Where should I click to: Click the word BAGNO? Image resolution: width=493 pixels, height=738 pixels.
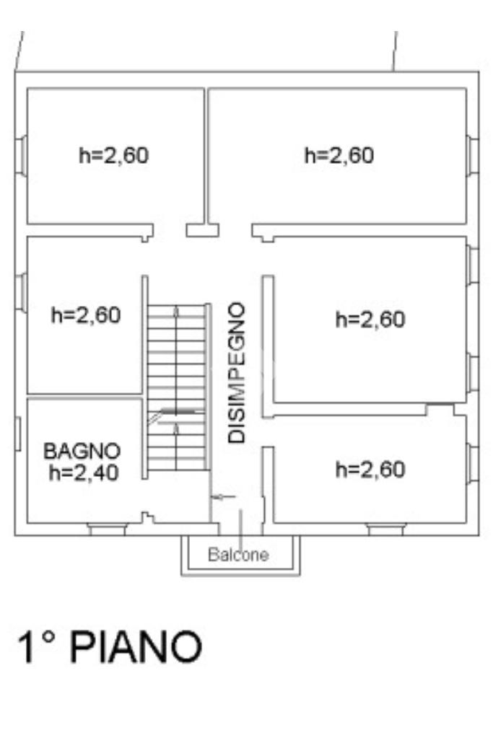pos(82,452)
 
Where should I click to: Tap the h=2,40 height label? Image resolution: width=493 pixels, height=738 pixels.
pos(84,473)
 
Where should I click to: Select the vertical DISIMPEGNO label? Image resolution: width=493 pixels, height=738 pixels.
pos(236,373)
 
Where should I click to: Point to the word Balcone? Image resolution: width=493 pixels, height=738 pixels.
pos(238,555)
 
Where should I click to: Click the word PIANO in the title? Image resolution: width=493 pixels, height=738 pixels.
pos(136,647)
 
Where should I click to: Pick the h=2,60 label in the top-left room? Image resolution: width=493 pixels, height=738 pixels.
pos(114,155)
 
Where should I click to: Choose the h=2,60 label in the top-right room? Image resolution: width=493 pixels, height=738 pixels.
pos(339,155)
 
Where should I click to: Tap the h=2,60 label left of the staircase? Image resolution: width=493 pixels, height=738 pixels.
pos(86,315)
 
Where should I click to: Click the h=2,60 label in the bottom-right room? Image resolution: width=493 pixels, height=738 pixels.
pos(370,469)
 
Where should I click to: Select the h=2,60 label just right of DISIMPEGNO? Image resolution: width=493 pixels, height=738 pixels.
pos(370,320)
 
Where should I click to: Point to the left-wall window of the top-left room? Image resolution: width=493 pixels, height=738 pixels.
pos(21,156)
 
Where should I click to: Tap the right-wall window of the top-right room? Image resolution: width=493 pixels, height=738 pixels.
pos(473,156)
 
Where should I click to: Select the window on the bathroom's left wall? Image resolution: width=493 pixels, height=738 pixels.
pos(18,434)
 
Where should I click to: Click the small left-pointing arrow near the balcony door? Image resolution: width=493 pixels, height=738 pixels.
pos(223,496)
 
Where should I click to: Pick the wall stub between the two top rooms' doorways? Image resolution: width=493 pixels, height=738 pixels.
pos(203,230)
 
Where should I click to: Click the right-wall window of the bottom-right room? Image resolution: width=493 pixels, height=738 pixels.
pos(473,464)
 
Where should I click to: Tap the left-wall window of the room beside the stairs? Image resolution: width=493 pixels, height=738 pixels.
pos(21,293)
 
